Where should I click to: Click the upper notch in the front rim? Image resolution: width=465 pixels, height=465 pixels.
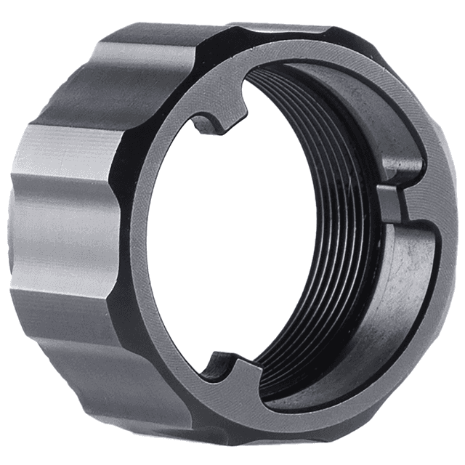click(x=222, y=116)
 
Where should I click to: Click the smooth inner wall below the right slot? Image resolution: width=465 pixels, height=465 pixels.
click(x=407, y=291)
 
